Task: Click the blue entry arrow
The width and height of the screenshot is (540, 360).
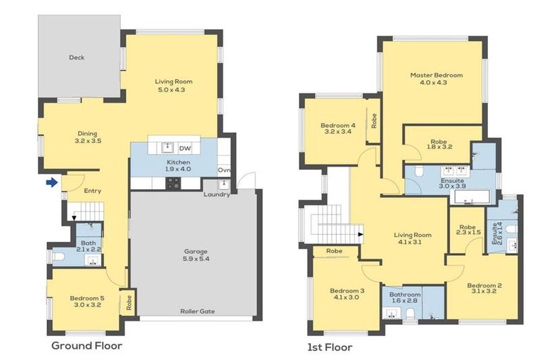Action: (x=51, y=183)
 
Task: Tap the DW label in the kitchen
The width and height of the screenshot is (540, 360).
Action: (x=185, y=148)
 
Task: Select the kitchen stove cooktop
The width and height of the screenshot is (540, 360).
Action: (x=173, y=184)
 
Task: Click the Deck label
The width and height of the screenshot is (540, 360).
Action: (x=77, y=58)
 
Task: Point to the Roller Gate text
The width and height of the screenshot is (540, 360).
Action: (x=198, y=311)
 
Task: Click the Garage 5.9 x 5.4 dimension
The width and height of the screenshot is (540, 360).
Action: (x=195, y=259)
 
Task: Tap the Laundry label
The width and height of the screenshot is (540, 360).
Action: (x=217, y=195)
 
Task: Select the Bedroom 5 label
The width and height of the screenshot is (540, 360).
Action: (x=87, y=298)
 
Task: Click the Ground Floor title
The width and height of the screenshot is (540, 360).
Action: (x=86, y=346)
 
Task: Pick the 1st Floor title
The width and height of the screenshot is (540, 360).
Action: (x=330, y=347)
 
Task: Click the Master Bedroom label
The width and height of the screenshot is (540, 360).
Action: (x=437, y=75)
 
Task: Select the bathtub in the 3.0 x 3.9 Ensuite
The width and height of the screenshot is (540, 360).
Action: (x=472, y=198)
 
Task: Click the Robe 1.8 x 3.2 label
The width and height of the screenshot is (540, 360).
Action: (x=439, y=144)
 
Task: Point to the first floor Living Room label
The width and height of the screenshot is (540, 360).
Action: (x=413, y=236)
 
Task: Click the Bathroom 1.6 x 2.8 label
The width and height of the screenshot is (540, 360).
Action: (x=405, y=295)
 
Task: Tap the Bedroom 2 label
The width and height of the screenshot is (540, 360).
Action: (x=484, y=285)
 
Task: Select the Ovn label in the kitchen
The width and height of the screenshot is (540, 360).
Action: (x=224, y=170)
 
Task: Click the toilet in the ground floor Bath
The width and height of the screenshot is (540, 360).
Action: (x=59, y=257)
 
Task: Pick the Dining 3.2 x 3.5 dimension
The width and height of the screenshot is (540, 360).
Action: (x=88, y=141)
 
